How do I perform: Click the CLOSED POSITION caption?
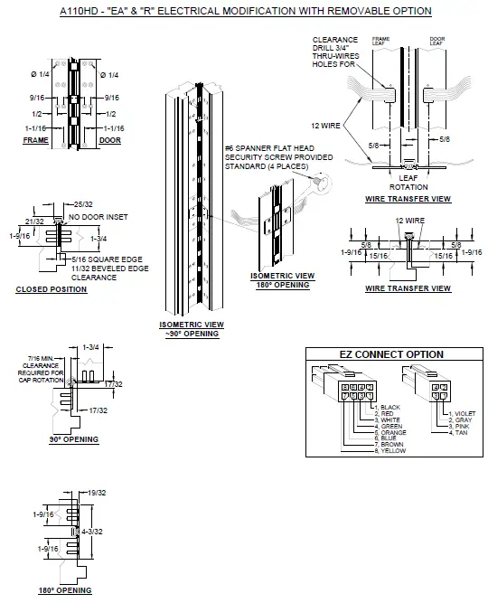(52, 289)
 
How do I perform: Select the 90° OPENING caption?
(74, 439)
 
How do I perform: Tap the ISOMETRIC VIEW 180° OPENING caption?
(280, 280)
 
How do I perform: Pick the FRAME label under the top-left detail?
(35, 141)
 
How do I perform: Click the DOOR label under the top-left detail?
(109, 141)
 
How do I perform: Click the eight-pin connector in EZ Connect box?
(348, 391)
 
